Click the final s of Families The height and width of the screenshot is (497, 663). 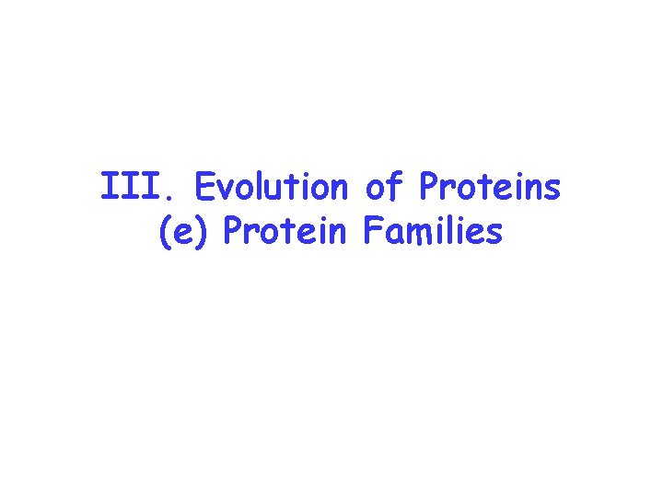(x=495, y=235)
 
